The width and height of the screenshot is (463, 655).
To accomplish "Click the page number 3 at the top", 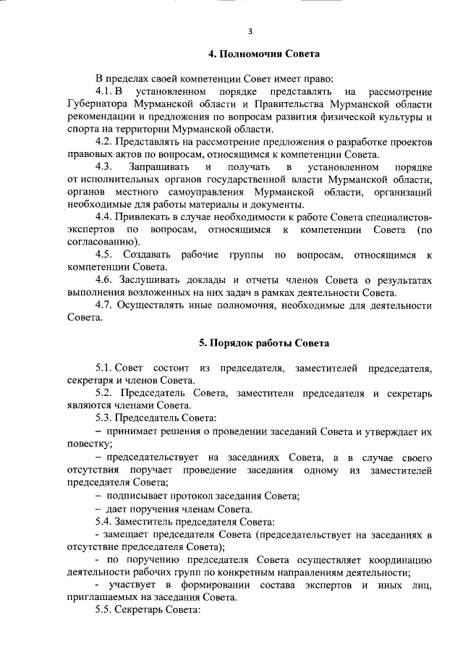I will [250, 30].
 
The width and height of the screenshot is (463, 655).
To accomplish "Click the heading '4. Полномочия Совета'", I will [263, 54].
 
